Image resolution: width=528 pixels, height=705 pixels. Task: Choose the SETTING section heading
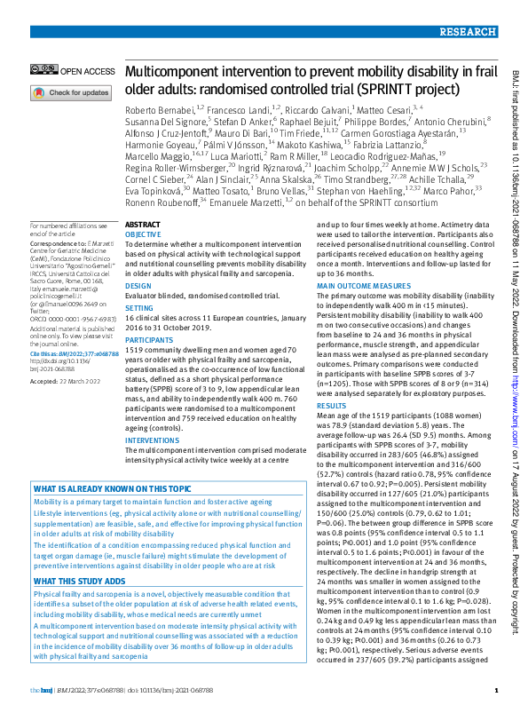[139, 307]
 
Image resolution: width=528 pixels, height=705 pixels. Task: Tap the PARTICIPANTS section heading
[148, 338]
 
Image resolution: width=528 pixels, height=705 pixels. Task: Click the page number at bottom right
[497, 690]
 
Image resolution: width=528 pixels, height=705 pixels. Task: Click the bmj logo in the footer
[41, 690]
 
